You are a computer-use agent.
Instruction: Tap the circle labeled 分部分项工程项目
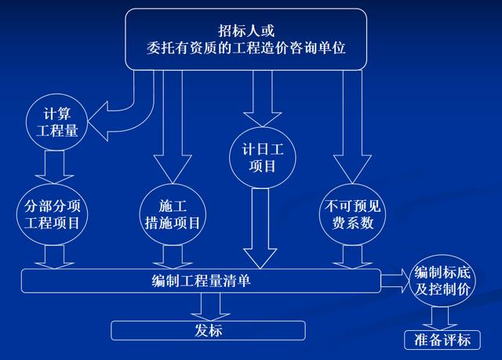coord(53,214)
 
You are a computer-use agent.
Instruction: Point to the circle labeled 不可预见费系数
coord(351,214)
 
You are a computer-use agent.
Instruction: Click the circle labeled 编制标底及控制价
coord(444,280)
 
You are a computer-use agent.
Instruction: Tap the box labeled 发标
coord(207,330)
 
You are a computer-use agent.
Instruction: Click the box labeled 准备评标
coord(442,339)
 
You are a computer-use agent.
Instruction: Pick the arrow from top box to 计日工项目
coord(261,98)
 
